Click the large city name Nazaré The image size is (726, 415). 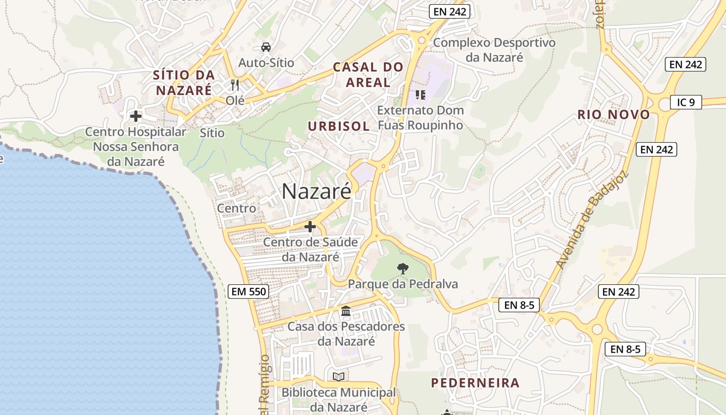[x=316, y=191]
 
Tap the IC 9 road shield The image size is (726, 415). [x=686, y=102]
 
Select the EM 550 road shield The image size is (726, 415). [x=248, y=292]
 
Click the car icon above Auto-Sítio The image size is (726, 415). [x=266, y=47]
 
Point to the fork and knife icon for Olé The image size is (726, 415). [x=235, y=85]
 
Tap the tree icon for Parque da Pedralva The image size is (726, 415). [x=402, y=268]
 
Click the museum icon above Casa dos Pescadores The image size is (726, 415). [x=346, y=311]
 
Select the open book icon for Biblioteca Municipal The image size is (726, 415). [x=339, y=377]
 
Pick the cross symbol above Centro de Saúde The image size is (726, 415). [x=310, y=227]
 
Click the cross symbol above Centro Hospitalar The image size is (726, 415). [x=136, y=116]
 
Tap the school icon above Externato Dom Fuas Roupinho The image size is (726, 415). [x=421, y=94]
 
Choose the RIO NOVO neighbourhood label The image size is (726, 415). [x=613, y=115]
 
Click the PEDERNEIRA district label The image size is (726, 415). [x=475, y=383]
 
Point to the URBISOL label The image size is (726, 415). [x=339, y=126]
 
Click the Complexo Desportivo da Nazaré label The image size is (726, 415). [x=494, y=50]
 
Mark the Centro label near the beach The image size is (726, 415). [x=236, y=209]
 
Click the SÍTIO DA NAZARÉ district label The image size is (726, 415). [x=184, y=82]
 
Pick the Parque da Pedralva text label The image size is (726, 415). [x=403, y=284]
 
